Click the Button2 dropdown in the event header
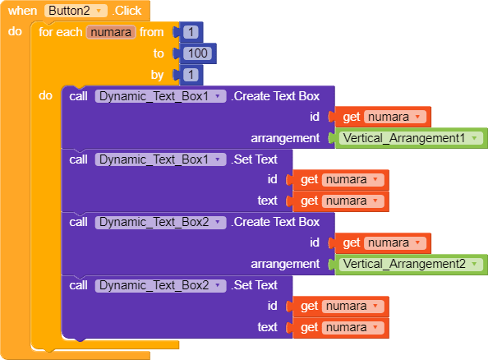(x=76, y=11)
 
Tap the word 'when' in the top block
(x=22, y=11)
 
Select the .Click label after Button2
(x=127, y=11)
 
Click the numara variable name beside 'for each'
(x=111, y=32)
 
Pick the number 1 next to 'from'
(x=191, y=32)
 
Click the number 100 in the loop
(x=198, y=53)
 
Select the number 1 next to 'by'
(x=191, y=75)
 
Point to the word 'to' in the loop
(x=159, y=53)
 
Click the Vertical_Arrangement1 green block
(x=411, y=138)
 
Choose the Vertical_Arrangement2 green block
(x=411, y=264)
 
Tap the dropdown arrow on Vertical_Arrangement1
(x=474, y=138)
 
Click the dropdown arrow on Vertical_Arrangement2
(x=474, y=264)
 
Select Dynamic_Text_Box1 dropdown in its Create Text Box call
(x=160, y=96)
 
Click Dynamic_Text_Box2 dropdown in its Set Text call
(x=160, y=285)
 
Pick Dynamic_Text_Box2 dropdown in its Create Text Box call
(x=160, y=222)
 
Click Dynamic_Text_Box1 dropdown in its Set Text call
(x=160, y=159)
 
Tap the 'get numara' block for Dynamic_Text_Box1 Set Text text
(x=340, y=201)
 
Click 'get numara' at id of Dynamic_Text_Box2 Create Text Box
(x=382, y=243)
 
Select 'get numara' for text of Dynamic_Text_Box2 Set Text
(x=340, y=328)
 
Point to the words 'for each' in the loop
(x=60, y=32)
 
